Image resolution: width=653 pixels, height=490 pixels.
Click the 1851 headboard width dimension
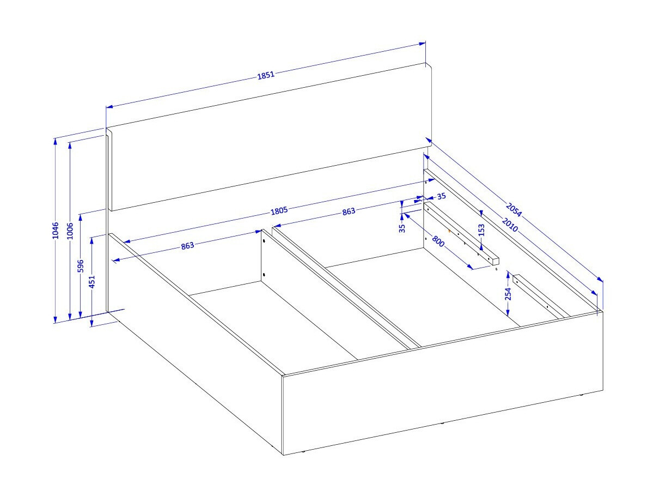tap(266, 75)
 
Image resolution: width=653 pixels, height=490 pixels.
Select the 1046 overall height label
tap(56, 231)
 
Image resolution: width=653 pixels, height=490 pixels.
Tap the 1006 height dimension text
tap(70, 231)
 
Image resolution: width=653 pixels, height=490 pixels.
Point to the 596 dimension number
tap(81, 266)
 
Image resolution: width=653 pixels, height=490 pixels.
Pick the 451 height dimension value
tap(93, 281)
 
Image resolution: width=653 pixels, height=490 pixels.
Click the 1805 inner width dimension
tap(279, 211)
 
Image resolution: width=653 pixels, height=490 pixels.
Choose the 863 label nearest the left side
tap(187, 246)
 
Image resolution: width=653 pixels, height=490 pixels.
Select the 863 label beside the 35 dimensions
tap(349, 211)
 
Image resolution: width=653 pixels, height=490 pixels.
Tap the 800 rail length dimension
tap(438, 241)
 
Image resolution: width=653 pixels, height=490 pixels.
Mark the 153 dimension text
tap(481, 230)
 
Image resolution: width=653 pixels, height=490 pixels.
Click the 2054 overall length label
tap(514, 210)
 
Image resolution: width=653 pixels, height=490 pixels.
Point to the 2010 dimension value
tap(510, 225)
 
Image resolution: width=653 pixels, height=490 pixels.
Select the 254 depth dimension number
tap(508, 294)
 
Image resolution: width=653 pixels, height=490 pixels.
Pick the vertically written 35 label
tap(402, 228)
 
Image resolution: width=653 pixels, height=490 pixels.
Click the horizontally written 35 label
tap(442, 196)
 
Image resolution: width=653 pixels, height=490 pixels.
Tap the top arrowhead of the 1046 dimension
tap(55, 141)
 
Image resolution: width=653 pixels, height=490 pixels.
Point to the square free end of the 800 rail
tap(495, 261)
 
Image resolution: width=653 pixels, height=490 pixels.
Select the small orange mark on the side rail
tap(449, 231)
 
